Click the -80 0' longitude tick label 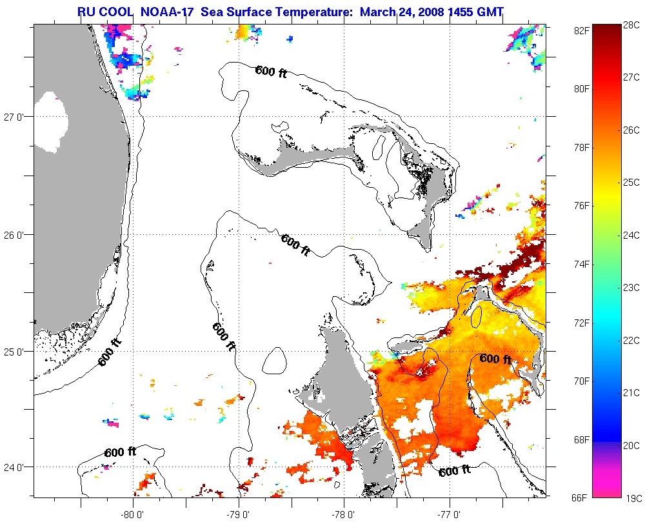pyautogui.click(x=134, y=514)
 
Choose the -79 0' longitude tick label pyautogui.click(x=239, y=514)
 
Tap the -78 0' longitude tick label pyautogui.click(x=344, y=514)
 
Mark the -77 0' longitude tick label pyautogui.click(x=449, y=514)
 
